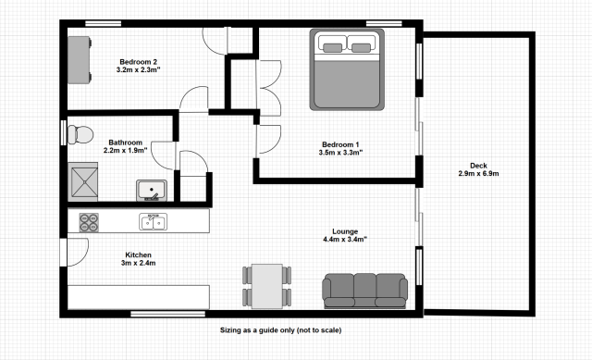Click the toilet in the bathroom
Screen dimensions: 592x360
[x=80, y=134]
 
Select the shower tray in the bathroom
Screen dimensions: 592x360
[x=83, y=181]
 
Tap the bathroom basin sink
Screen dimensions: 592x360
[x=152, y=190]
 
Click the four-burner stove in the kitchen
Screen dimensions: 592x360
[x=89, y=222]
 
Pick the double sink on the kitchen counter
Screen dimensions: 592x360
[x=154, y=222]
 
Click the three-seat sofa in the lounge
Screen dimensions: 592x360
[x=364, y=291]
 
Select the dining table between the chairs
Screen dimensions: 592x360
[x=267, y=286]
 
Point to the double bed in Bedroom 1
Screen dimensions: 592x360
[x=347, y=69]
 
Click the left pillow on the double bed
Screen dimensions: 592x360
[x=333, y=47]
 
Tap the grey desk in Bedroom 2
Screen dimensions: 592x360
[x=79, y=59]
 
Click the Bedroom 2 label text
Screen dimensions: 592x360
[x=138, y=62]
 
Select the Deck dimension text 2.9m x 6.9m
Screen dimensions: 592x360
[x=478, y=173]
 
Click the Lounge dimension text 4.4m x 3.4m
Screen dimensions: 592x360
[x=345, y=239]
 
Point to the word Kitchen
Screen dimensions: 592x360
[x=138, y=255]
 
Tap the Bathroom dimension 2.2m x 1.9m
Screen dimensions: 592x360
[x=126, y=150]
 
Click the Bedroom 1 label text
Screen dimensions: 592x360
[x=340, y=144]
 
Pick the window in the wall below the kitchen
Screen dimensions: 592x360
[x=168, y=314]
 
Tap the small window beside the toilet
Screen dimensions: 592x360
[x=64, y=132]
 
